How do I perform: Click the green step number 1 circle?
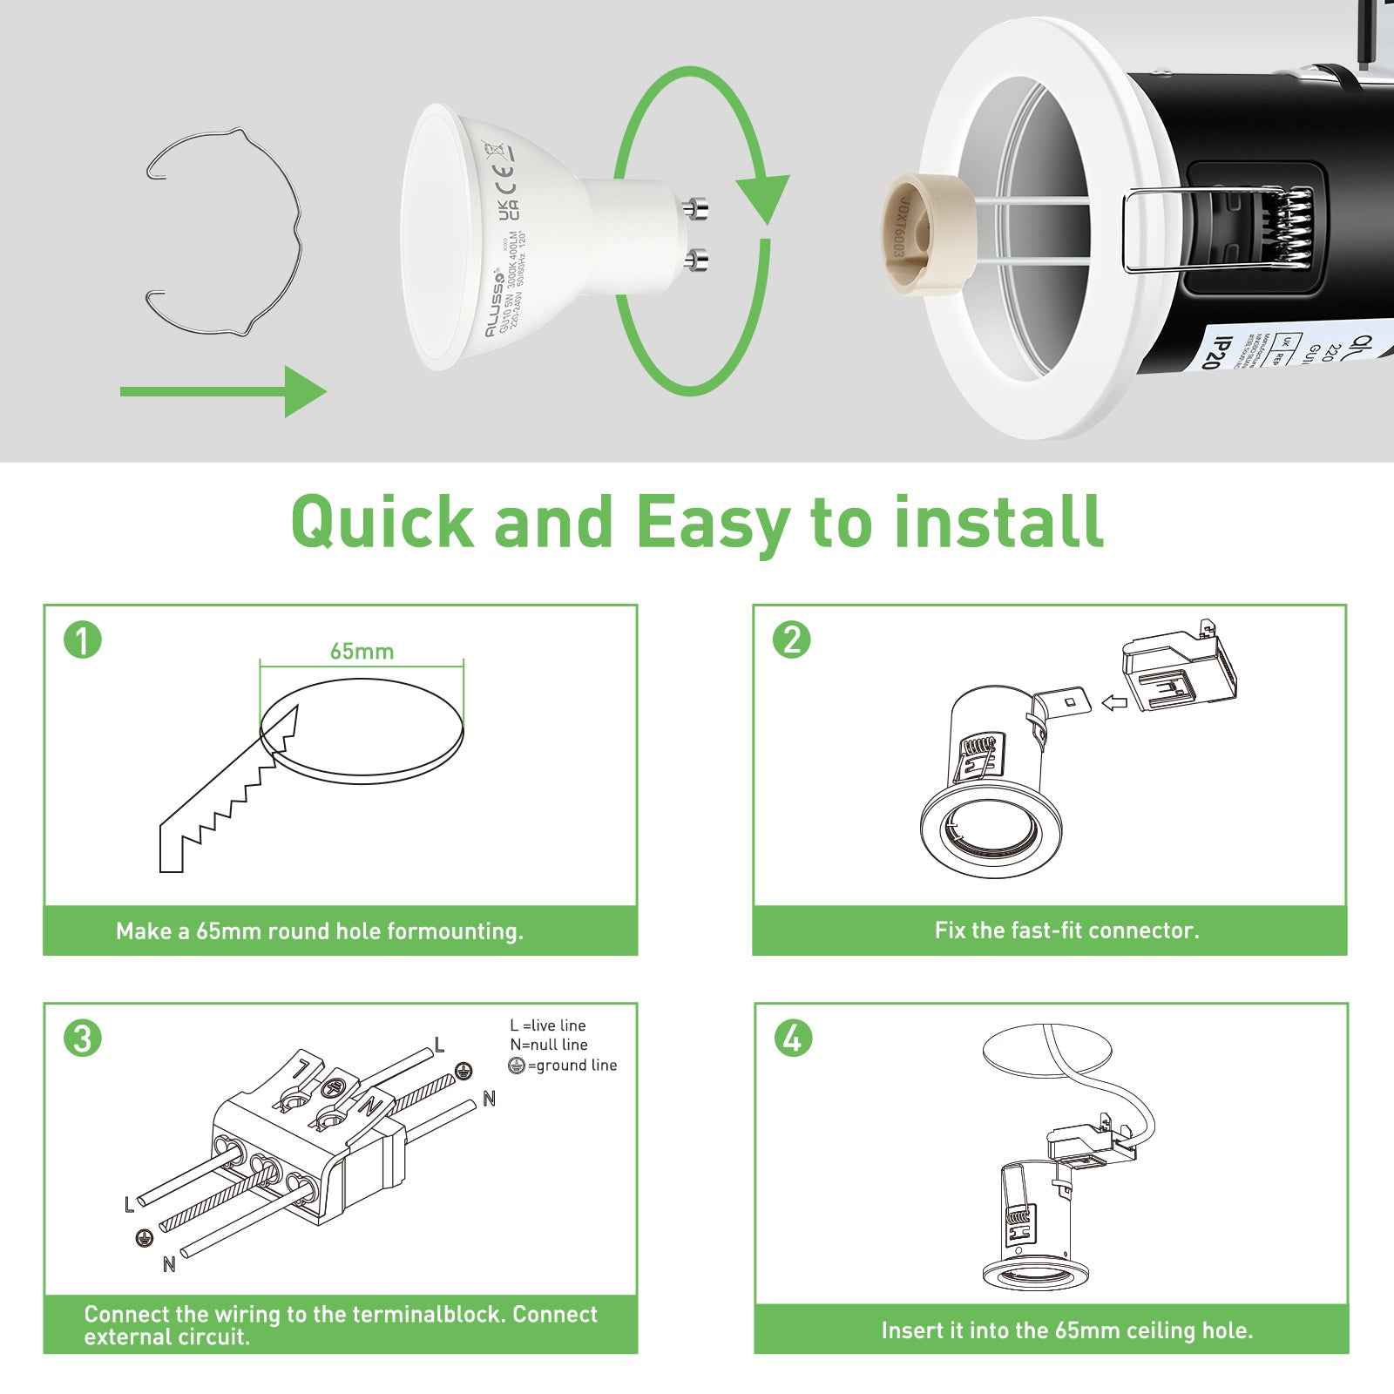coord(83,640)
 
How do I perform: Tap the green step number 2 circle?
coord(792,640)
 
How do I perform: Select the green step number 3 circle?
coord(83,1039)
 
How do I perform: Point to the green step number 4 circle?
coord(792,1039)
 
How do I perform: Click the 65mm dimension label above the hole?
coord(362,652)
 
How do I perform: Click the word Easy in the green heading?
coord(712,523)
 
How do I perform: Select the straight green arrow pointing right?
coord(222,392)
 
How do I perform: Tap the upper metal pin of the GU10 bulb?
coord(696,208)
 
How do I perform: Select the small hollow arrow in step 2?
coord(1113,702)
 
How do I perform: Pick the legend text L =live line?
coord(548,1025)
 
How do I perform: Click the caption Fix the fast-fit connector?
coord(1066,930)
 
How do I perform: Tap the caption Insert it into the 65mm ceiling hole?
coord(1066,1330)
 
